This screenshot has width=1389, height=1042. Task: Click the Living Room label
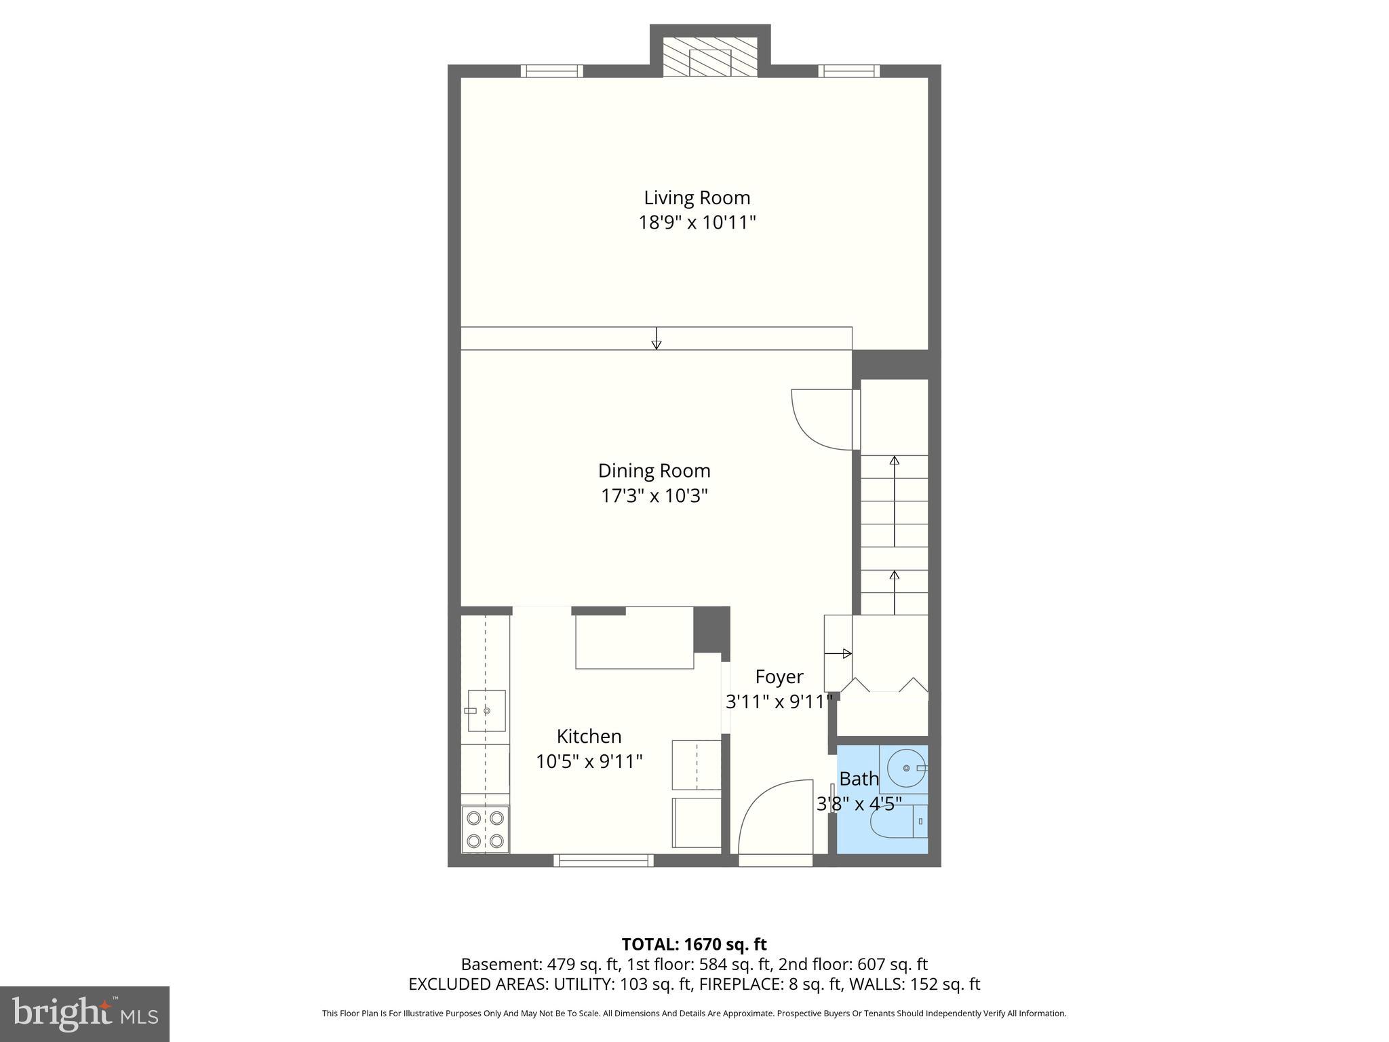pyautogui.click(x=697, y=198)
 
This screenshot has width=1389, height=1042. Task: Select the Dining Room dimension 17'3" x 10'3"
pyautogui.click(x=654, y=496)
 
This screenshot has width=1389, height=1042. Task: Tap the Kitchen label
pyautogui.click(x=589, y=736)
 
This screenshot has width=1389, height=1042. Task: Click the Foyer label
pyautogui.click(x=779, y=676)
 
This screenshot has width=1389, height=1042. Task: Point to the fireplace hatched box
pyautogui.click(x=709, y=57)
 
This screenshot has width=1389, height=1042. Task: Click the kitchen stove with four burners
pyautogui.click(x=486, y=829)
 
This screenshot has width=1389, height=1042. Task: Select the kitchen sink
pyautogui.click(x=486, y=711)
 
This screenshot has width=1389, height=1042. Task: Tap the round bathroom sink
pyautogui.click(x=905, y=769)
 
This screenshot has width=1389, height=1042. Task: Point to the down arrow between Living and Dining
pyautogui.click(x=656, y=339)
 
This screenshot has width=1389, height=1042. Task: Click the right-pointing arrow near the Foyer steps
pyautogui.click(x=838, y=654)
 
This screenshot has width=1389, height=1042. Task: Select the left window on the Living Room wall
pyautogui.click(x=551, y=71)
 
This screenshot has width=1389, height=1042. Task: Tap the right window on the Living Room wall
pyautogui.click(x=848, y=71)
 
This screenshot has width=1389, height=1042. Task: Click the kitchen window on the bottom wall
pyautogui.click(x=604, y=860)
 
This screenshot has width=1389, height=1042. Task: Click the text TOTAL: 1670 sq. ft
pyautogui.click(x=694, y=944)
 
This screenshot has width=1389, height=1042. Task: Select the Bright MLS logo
pyautogui.click(x=84, y=1014)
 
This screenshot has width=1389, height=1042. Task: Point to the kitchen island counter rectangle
pyautogui.click(x=634, y=638)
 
